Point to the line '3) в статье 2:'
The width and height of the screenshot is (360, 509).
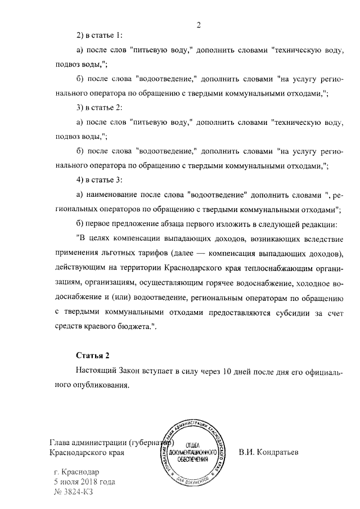pyautogui.click(x=98, y=107)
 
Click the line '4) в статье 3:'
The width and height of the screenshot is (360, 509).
pyautogui.click(x=98, y=179)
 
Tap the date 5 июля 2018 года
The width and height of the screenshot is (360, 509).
pyautogui.click(x=84, y=482)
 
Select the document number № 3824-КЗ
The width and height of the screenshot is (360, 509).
pyautogui.click(x=73, y=492)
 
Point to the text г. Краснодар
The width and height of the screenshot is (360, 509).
pyautogui.click(x=76, y=472)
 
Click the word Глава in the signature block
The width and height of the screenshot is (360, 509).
pyautogui.click(x=61, y=442)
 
